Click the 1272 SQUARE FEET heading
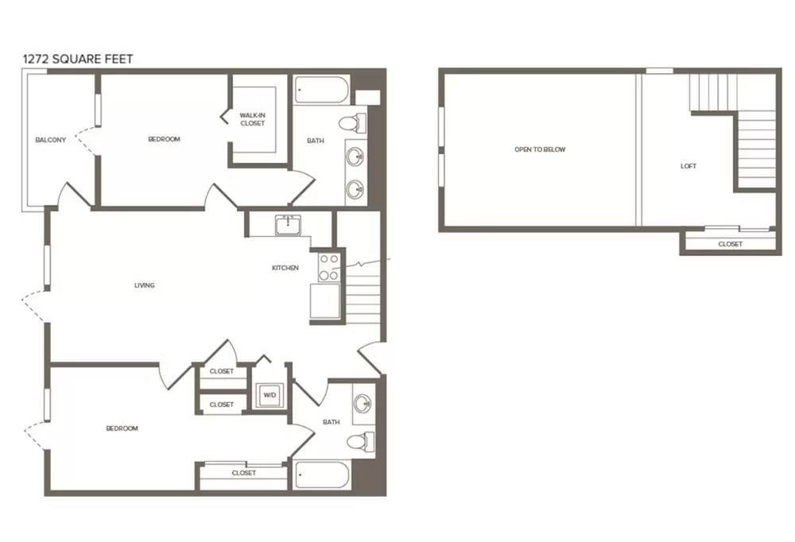click(78, 59)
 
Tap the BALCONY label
click(51, 140)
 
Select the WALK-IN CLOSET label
click(253, 119)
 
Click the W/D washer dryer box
click(270, 395)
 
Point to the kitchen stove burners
click(329, 267)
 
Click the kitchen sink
click(288, 225)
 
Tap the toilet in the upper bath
click(352, 123)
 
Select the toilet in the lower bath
click(360, 440)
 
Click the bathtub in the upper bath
click(321, 90)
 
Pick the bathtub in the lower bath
click(321, 475)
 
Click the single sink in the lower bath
click(363, 404)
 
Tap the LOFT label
click(688, 166)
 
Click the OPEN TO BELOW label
click(540, 149)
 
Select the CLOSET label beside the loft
click(730, 244)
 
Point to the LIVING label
click(145, 285)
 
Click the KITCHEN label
click(285, 268)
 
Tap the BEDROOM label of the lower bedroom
click(122, 428)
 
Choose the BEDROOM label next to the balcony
click(165, 139)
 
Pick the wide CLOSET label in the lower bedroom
click(244, 473)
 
